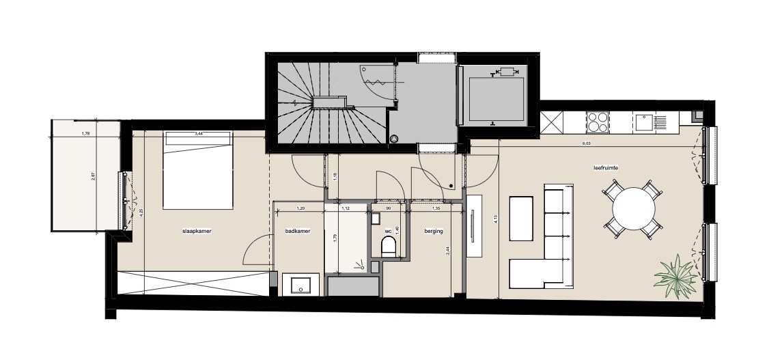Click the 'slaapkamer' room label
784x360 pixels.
pos(197,232)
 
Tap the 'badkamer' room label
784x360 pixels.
pos(298,232)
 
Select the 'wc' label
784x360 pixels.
pos(388,232)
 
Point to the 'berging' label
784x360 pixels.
pos(433,232)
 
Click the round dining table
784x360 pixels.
pos(634,208)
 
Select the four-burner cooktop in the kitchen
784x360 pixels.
pos(598,122)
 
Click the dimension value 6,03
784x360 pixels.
pos(586,144)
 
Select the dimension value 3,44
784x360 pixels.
pos(199,134)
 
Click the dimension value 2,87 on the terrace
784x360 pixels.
pos(94,176)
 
